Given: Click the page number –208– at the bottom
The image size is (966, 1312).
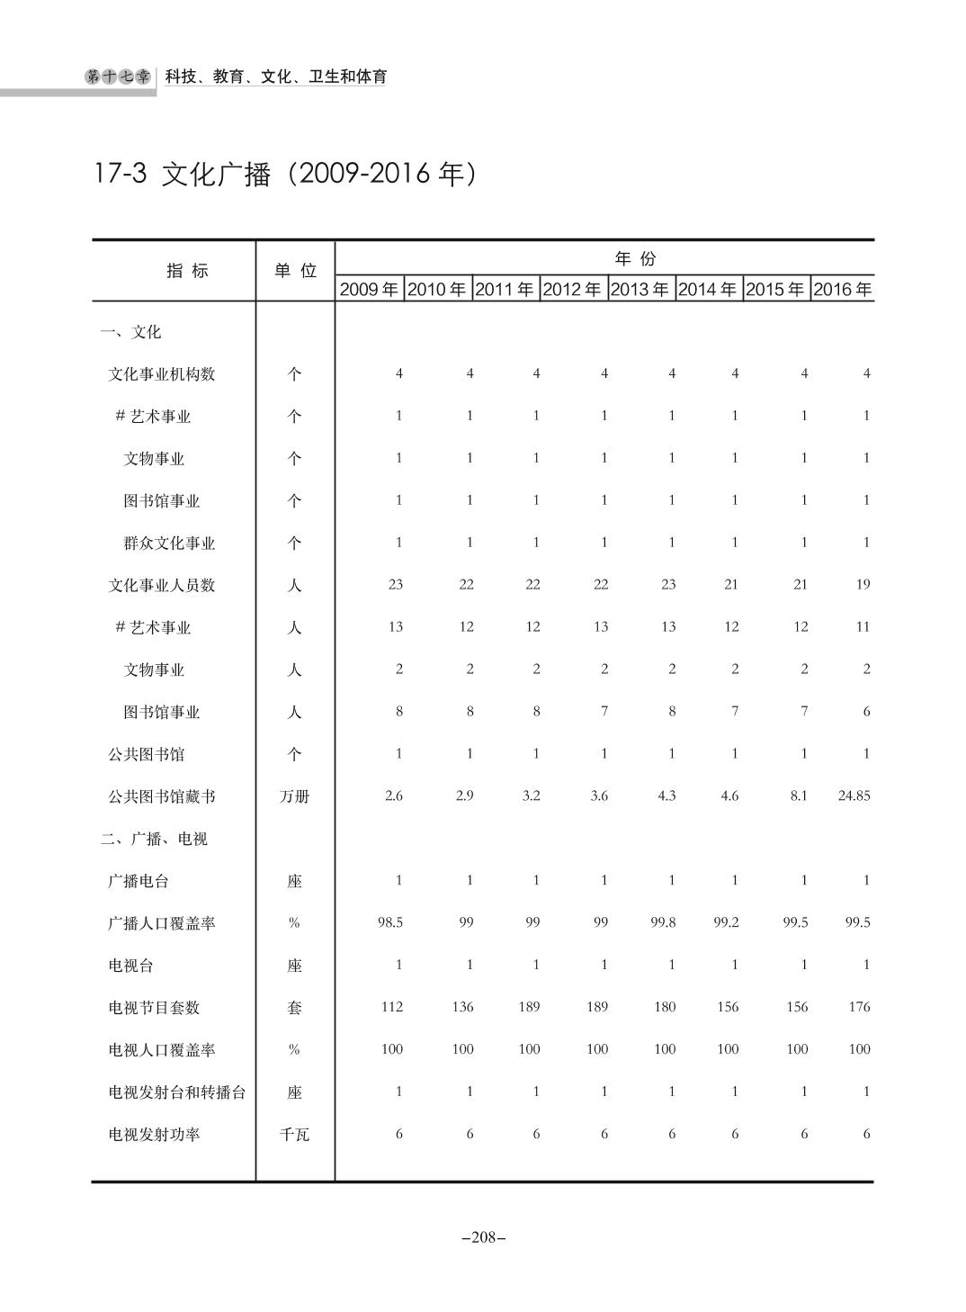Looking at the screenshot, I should tap(483, 1237).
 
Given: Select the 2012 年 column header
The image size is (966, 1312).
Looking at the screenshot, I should tap(572, 290).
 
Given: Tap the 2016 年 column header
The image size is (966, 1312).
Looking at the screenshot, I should tap(843, 290).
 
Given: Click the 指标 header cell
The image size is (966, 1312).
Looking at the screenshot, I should tap(187, 271).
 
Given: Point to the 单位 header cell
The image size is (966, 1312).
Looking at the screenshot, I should tap(295, 271).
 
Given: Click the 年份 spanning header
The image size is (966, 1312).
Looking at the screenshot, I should tap(635, 259).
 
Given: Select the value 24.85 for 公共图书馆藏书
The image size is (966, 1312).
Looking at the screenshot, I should tap(854, 795).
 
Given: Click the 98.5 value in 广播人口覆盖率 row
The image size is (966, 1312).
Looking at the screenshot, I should tap(390, 922).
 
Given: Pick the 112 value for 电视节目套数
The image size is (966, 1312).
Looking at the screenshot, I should tap(391, 1007).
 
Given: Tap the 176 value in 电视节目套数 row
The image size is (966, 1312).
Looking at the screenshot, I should tap(859, 1007).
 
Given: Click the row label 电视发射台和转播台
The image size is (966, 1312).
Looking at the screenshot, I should tap(177, 1092).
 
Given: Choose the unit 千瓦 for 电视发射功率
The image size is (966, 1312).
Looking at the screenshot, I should tap(295, 1135).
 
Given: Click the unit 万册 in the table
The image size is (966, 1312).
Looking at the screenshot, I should tap(295, 796).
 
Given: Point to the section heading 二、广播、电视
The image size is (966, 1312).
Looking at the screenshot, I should tap(154, 839).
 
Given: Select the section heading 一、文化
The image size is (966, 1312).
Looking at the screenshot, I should tap(130, 332).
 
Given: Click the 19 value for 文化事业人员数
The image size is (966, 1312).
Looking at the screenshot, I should tap(863, 584).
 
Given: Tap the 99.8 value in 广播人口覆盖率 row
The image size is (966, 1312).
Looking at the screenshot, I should tap(663, 922).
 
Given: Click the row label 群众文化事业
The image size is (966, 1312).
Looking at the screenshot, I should tap(169, 544).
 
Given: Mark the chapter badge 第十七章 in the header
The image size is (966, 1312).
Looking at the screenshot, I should tap(118, 77).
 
